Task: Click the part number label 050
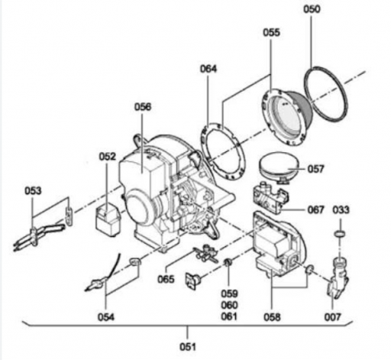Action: tap(312, 9)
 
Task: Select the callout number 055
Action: tap(271, 33)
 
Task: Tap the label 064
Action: tap(208, 69)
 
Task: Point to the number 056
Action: tap(143, 107)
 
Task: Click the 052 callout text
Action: tap(107, 157)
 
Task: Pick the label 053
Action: tap(33, 191)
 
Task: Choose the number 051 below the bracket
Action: tap(188, 347)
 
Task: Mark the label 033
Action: tap(341, 210)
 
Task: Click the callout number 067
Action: tap(316, 210)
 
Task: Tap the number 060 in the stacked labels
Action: tap(229, 305)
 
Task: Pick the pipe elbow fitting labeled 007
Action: tap(338, 278)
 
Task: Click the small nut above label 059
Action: tap(228, 262)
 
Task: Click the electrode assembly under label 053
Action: tap(38, 235)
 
